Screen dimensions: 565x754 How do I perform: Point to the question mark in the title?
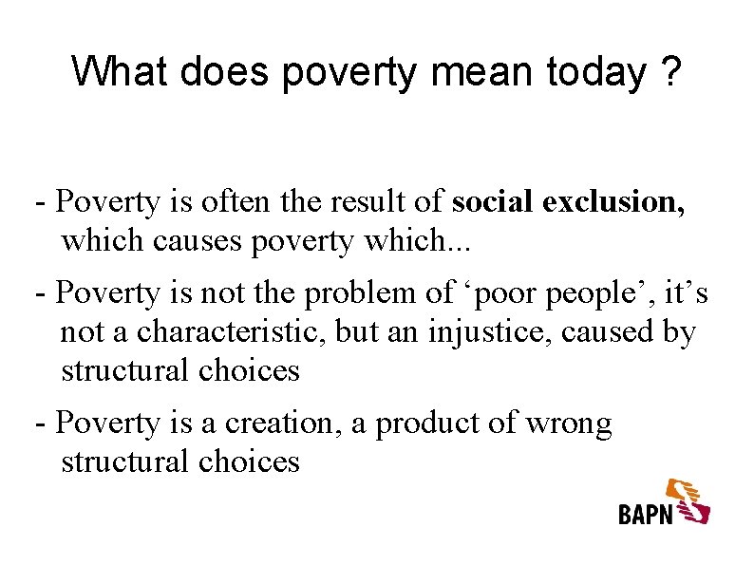tap(670, 71)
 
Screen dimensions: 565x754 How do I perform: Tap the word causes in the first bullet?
tap(198, 241)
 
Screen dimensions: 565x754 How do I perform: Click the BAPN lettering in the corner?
tap(646, 514)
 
